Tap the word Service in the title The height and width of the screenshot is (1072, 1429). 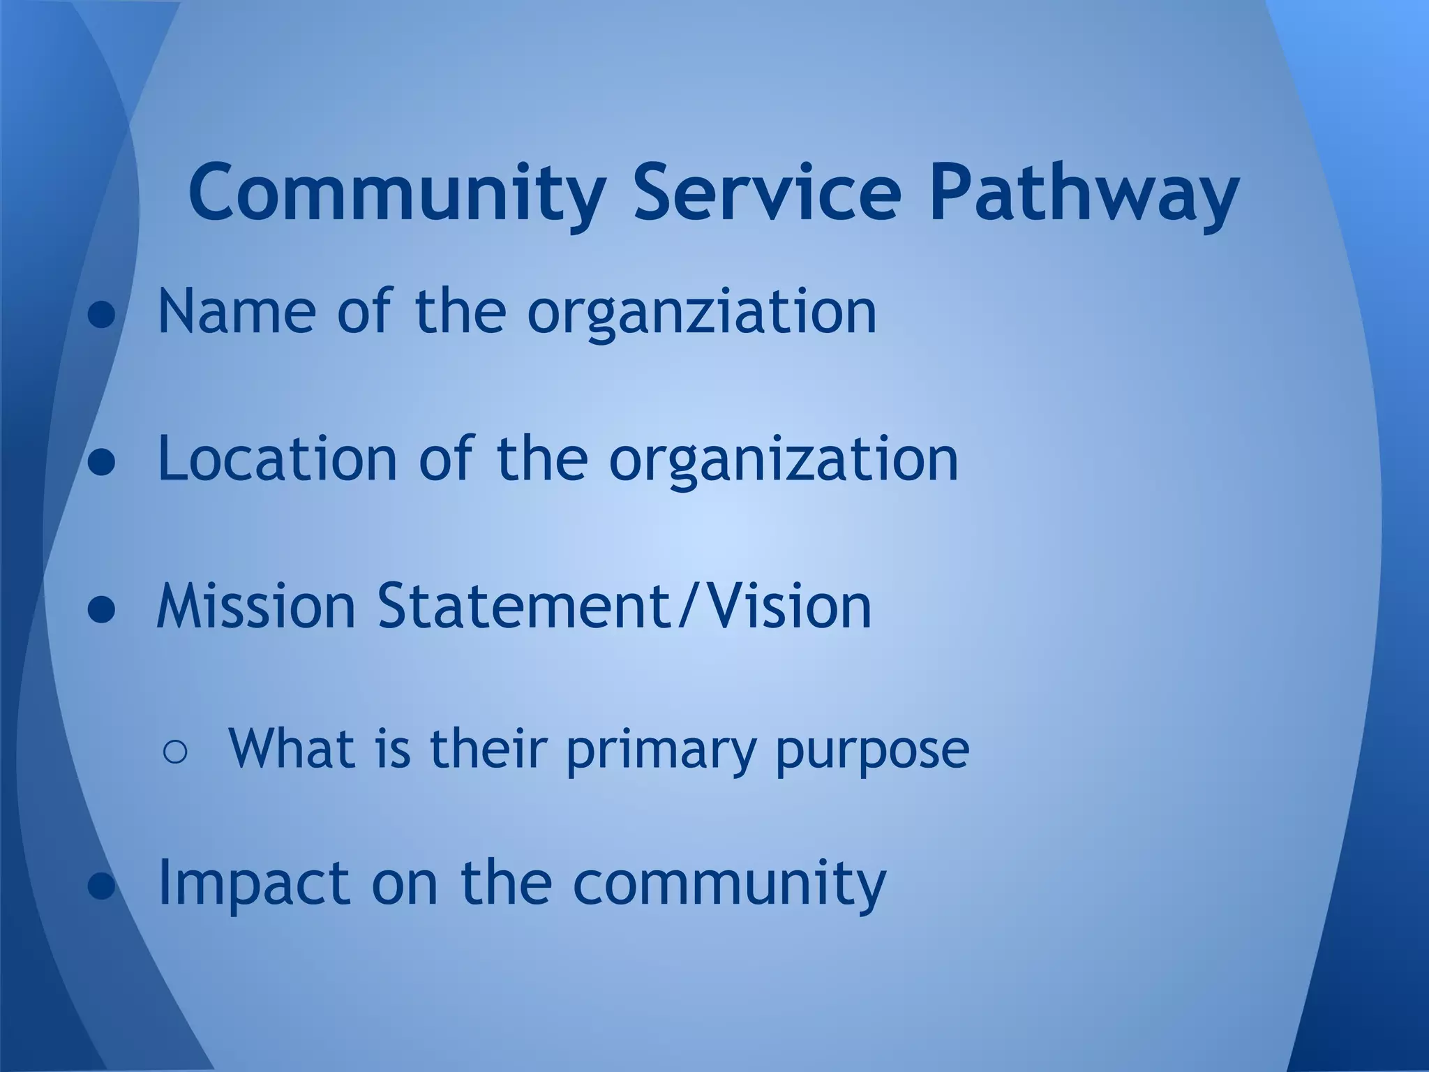click(767, 192)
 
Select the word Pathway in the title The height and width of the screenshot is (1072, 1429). click(1084, 192)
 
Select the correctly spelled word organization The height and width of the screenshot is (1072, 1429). click(784, 460)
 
